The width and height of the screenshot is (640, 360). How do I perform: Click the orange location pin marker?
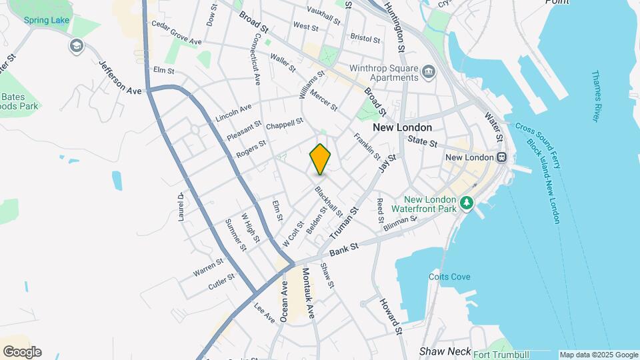click(321, 159)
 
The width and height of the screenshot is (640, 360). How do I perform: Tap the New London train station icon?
click(501, 157)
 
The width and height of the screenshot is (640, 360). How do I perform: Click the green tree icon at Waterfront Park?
click(467, 202)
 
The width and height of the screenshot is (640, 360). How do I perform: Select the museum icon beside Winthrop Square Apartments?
click(428, 71)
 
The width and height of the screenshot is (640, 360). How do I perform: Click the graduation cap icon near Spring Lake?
click(77, 45)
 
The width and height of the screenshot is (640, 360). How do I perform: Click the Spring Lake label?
click(47, 20)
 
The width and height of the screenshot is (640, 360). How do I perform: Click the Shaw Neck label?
click(445, 351)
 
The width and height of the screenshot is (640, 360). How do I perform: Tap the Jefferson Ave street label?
click(121, 77)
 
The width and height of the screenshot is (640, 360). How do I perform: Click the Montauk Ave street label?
click(308, 293)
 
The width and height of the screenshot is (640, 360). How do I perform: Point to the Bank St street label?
click(343, 250)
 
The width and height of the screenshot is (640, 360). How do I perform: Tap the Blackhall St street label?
click(329, 201)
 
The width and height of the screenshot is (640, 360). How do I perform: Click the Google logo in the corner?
click(22, 352)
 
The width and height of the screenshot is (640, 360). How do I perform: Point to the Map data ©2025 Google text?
click(599, 355)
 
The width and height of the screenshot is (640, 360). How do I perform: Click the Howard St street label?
click(391, 316)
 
